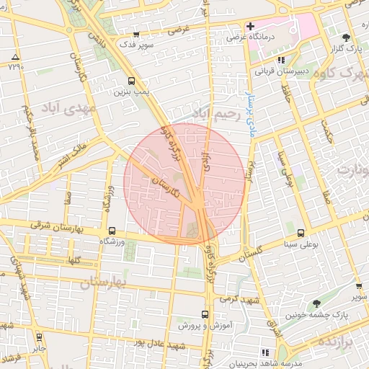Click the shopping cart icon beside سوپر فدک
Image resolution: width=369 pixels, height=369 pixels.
[136, 35]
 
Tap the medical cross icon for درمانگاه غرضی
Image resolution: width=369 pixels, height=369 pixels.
[250, 27]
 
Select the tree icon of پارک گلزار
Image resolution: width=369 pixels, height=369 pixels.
[347, 37]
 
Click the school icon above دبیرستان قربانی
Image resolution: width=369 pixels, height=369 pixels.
[282, 61]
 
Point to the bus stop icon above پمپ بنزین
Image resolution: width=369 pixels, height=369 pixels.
[131, 81]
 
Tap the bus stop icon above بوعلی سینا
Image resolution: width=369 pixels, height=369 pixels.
[301, 233]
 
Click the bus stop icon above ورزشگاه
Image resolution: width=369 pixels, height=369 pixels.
[111, 231]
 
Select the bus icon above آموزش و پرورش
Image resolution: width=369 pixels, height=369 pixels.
[205, 314]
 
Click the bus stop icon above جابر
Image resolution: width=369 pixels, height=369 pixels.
[38, 337]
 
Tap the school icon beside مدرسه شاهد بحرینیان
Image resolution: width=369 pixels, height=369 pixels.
[266, 352]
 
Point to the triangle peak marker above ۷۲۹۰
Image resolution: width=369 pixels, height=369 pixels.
[16, 56]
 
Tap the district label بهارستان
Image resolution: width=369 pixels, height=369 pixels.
[102, 283]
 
